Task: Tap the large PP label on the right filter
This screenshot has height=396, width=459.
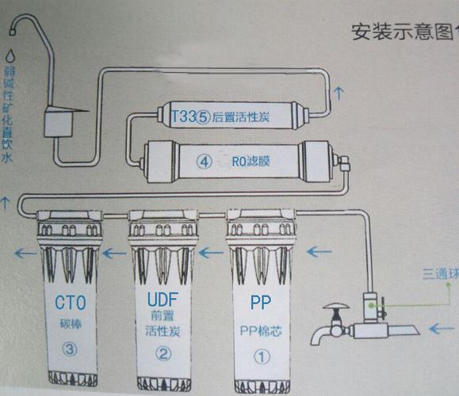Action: (x=261, y=303)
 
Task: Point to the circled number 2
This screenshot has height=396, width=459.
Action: (x=162, y=355)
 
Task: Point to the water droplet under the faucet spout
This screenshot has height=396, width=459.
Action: (x=10, y=57)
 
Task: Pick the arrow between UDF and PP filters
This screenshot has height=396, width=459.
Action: (x=212, y=251)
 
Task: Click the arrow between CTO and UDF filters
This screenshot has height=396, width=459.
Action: (x=114, y=253)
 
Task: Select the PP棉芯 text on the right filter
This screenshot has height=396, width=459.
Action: (x=260, y=330)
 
